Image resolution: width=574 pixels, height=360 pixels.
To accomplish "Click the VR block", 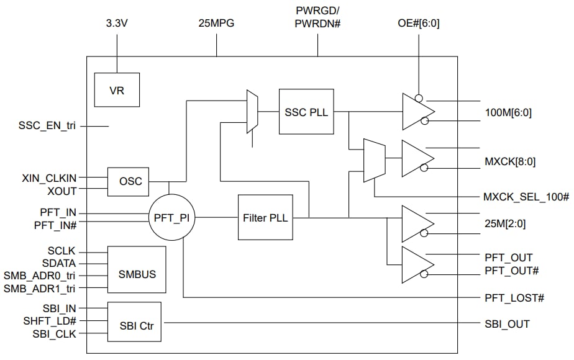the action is tap(116, 89).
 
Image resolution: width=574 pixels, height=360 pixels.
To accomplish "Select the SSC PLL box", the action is tap(306, 112).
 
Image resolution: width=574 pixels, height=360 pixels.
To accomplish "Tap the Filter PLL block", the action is tap(263, 217).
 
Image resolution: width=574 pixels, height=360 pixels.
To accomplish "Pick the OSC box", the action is tap(130, 181).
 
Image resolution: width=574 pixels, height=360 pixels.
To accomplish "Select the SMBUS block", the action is tap(136, 270).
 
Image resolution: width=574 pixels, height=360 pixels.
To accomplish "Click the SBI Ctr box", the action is tap(134, 322).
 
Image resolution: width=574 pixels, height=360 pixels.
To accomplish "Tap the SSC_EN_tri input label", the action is tap(47, 125).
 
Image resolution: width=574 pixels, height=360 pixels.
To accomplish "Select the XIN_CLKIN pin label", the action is tap(50, 177).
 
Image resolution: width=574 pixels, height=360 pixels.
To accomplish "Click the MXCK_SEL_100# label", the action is tap(526, 197).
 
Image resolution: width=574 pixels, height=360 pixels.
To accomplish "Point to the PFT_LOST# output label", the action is tap(514, 298).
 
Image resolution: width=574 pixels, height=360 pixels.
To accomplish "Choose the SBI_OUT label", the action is tap(507, 323).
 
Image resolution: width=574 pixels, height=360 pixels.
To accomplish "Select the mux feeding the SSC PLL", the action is tap(252, 112).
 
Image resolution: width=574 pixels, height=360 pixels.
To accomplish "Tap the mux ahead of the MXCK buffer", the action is tap(373, 160).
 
